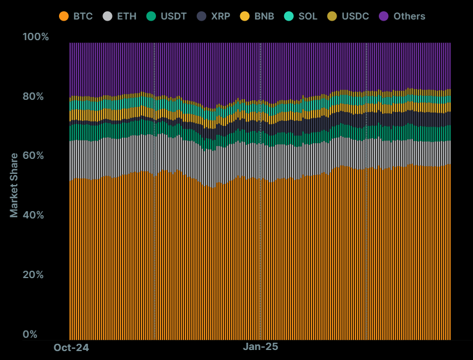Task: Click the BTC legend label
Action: click(x=83, y=16)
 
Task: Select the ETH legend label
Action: click(x=126, y=16)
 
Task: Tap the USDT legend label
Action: click(x=173, y=16)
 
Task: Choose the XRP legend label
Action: click(x=221, y=16)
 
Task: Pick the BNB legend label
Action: click(x=264, y=16)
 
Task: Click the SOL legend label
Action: click(x=308, y=16)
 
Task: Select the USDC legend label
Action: click(x=355, y=16)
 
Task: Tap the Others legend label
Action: click(x=409, y=16)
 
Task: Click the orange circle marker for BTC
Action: click(x=64, y=16)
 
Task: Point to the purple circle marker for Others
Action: click(x=384, y=16)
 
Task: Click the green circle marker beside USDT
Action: click(x=151, y=16)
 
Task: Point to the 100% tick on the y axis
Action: click(x=36, y=37)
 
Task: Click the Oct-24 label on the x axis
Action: click(x=71, y=348)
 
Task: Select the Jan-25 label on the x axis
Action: click(x=260, y=347)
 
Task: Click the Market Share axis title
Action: click(x=14, y=185)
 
